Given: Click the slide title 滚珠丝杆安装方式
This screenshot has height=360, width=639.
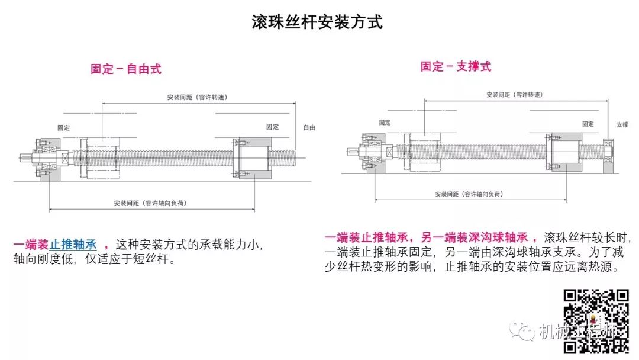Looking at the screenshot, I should [x=317, y=22].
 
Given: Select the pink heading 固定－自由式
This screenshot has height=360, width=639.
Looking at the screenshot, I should [x=125, y=69].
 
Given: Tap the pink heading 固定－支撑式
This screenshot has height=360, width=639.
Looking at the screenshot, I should [x=456, y=66].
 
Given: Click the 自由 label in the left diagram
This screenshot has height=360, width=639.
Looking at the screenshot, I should [x=309, y=127].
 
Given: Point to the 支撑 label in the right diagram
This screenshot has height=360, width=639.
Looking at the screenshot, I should [x=622, y=125].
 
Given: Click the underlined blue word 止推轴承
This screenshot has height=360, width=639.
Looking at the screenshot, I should [x=73, y=244].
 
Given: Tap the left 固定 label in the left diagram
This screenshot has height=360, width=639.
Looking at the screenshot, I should [x=63, y=127].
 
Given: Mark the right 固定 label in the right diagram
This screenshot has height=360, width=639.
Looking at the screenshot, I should [x=588, y=124].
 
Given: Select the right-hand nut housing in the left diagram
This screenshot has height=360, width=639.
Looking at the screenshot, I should [x=253, y=157].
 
